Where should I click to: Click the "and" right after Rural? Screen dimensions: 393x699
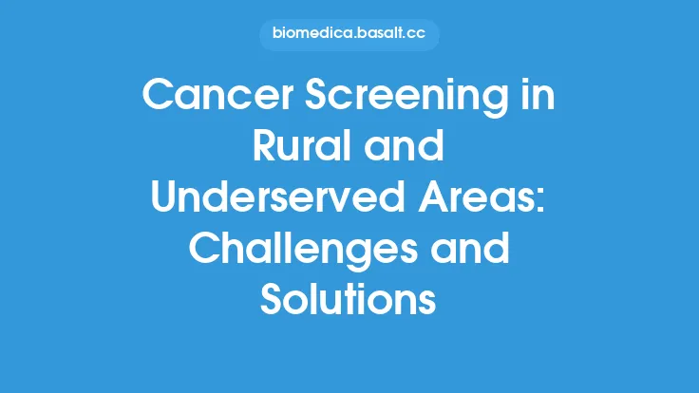pyautogui.click(x=408, y=145)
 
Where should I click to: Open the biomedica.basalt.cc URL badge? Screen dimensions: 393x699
pyautogui.click(x=349, y=36)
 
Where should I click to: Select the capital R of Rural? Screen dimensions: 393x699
pyautogui.click(x=266, y=145)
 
